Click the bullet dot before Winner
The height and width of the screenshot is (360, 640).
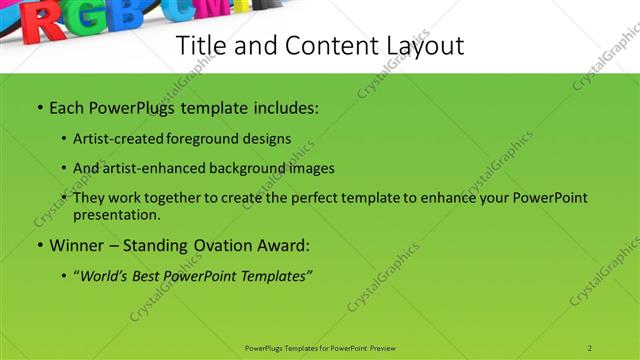pos(39,244)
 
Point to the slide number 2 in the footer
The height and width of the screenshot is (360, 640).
pos(590,347)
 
